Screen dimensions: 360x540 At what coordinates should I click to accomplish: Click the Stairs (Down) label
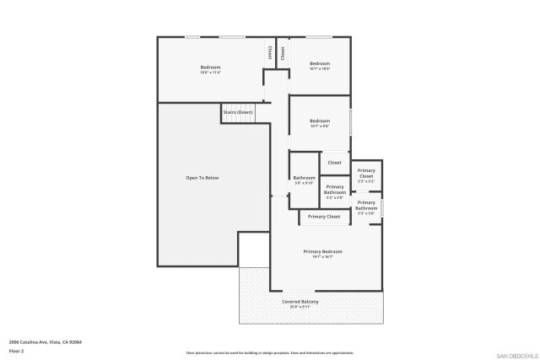(238, 112)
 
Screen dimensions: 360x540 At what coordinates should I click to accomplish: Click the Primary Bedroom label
(323, 251)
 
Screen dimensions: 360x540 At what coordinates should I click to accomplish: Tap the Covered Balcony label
(300, 301)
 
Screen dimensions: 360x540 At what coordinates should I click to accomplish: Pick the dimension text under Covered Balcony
(300, 307)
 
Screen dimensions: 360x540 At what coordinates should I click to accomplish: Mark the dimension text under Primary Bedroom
(323, 257)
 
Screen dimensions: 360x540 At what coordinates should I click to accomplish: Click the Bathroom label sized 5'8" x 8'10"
(304, 178)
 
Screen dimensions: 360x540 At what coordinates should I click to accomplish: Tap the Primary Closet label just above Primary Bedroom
(324, 217)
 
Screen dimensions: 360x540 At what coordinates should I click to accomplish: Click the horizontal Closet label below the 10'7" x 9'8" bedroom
(335, 162)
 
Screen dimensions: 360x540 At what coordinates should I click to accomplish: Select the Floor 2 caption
(16, 350)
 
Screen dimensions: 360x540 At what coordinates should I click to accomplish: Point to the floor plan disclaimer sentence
(270, 352)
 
